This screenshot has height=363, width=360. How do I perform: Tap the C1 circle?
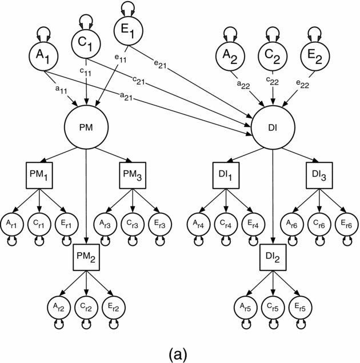[86, 42]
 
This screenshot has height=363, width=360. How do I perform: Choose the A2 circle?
[230, 55]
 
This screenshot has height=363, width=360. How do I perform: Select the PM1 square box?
[39, 174]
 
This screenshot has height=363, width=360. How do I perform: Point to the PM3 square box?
[133, 174]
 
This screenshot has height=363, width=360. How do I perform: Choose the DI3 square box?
[319, 174]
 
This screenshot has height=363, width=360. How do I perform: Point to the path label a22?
[242, 84]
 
